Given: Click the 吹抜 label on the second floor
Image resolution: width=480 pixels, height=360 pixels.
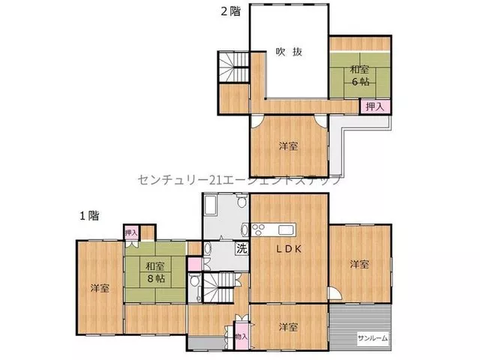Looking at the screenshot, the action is pyautogui.click(x=289, y=52).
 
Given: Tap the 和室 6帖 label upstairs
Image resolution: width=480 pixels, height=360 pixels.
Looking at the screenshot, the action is pyautogui.click(x=360, y=75).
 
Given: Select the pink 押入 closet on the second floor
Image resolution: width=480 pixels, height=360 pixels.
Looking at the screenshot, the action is pyautogui.click(x=375, y=106).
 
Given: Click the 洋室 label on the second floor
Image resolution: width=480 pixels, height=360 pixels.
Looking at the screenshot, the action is pyautogui.click(x=288, y=146).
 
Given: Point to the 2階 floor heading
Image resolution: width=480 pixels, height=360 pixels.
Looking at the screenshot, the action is pyautogui.click(x=231, y=11).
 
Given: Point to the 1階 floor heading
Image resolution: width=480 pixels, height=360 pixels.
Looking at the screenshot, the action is pyautogui.click(x=89, y=216).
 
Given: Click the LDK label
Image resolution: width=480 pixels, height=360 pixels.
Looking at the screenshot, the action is pyautogui.click(x=289, y=249).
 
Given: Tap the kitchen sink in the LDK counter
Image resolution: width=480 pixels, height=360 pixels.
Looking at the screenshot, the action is pyautogui.click(x=286, y=229).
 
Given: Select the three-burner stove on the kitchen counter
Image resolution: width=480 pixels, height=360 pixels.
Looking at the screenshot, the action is pyautogui.click(x=258, y=229).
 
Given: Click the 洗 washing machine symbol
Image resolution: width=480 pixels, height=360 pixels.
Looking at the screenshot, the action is pyautogui.click(x=241, y=248).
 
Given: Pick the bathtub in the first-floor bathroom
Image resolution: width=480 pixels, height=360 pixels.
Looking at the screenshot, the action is pyautogui.click(x=211, y=205).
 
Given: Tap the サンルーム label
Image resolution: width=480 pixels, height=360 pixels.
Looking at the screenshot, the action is pyautogui.click(x=373, y=338).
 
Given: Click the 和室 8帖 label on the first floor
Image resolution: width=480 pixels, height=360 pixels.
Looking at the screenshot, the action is pyautogui.click(x=155, y=272).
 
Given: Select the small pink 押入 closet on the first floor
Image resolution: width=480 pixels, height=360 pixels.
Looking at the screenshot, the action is pyautogui.click(x=131, y=233).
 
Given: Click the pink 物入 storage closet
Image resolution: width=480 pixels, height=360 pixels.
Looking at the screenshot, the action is pyautogui.click(x=241, y=335).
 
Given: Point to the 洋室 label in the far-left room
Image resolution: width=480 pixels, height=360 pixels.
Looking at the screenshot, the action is pyautogui.click(x=100, y=288).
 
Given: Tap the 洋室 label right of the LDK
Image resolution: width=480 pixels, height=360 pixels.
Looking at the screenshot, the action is pyautogui.click(x=359, y=264).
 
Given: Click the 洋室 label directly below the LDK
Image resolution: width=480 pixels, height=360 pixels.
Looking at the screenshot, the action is pyautogui.click(x=288, y=327).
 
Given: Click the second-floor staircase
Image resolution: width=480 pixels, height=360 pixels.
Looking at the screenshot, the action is pyautogui.click(x=234, y=67).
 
